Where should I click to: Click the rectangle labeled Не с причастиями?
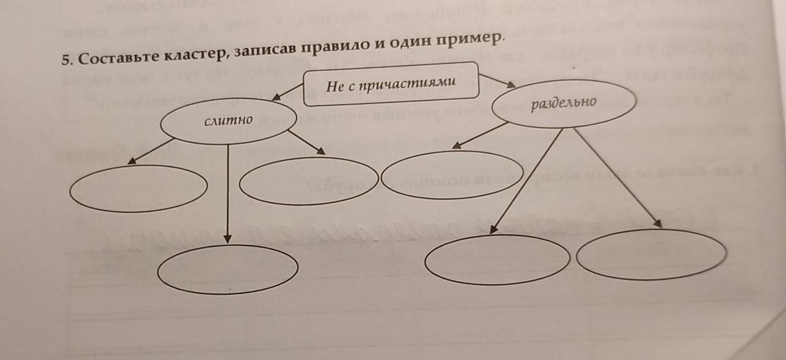390,84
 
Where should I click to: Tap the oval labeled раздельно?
563,104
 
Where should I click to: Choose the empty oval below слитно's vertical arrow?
228,268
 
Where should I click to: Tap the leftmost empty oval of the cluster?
138,189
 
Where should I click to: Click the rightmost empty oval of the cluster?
652,254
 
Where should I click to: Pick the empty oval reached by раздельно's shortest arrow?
452,175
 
